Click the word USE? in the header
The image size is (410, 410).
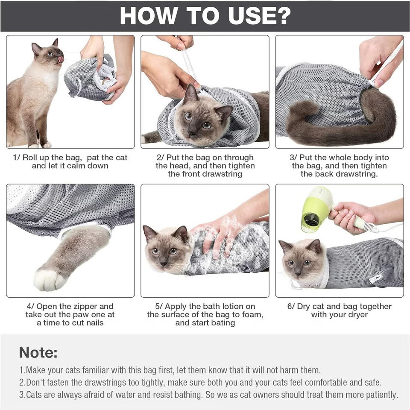click(x=259, y=16)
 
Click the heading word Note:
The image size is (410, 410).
click(x=38, y=352)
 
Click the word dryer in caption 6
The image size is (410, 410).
click(x=357, y=315)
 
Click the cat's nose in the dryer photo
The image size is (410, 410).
click(x=298, y=274)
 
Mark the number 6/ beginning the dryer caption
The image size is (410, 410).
click(x=291, y=307)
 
